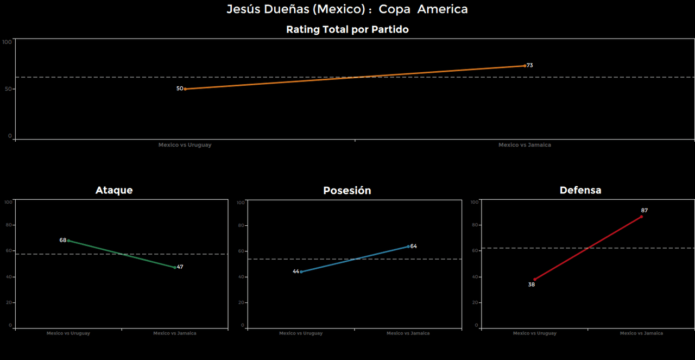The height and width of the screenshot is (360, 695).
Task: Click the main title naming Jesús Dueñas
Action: [347, 9]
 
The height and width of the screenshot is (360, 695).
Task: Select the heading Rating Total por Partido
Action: [347, 30]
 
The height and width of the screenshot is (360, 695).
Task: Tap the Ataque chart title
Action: [114, 190]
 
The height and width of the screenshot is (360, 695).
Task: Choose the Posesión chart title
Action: [347, 191]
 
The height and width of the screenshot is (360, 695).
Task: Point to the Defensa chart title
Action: [580, 190]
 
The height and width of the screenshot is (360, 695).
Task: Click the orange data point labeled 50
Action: [185, 89]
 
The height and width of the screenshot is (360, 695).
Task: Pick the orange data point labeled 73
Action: [525, 66]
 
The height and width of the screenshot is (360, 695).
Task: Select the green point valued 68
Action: [68, 241]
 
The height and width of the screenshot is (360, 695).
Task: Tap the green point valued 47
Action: [175, 267]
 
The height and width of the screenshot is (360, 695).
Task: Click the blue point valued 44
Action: [301, 271]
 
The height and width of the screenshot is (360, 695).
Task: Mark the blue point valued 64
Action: [408, 246]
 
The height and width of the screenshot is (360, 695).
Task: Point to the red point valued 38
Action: [535, 279]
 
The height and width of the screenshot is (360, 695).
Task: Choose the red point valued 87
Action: [641, 217]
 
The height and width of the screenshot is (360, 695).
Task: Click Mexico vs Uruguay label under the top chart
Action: [185, 145]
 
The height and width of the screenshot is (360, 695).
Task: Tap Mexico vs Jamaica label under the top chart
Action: [525, 145]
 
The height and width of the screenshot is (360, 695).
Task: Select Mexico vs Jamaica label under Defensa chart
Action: [641, 333]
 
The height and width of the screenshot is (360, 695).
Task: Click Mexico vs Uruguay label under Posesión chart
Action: [301, 333]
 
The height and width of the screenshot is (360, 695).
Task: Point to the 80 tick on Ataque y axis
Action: [9, 225]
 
